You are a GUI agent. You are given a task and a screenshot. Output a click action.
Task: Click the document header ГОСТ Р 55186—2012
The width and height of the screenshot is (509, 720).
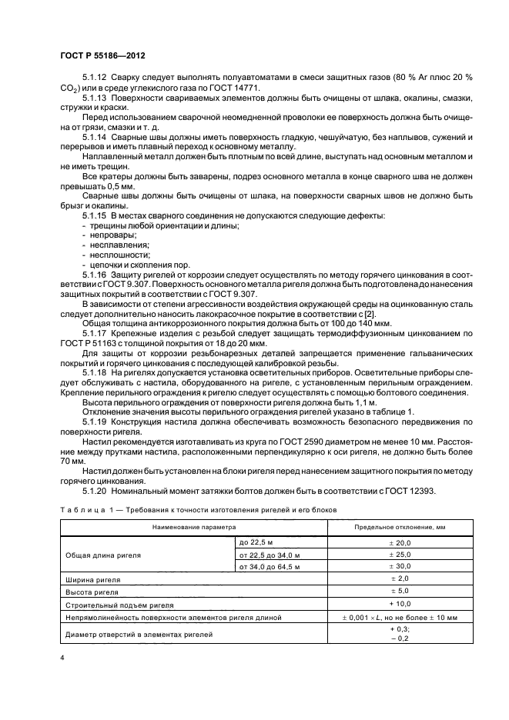point(102,58)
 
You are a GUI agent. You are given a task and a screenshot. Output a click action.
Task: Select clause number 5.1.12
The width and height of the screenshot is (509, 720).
point(95,79)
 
